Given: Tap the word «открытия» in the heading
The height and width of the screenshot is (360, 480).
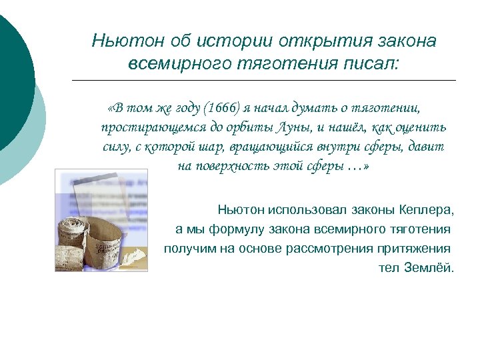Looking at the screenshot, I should point(307,41).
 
